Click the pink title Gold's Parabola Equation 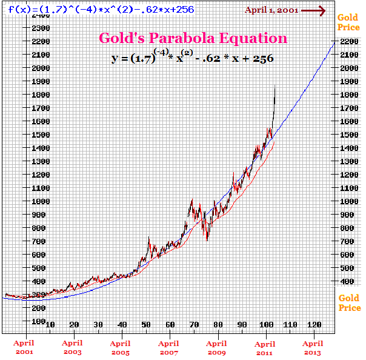pos(193,38)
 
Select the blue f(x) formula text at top pos(97,10)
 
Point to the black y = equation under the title pos(192,58)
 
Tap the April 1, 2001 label pos(271,10)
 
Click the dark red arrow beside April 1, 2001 pos(314,10)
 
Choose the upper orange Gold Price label pos(349,22)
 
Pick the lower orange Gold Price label pos(349,302)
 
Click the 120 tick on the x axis pos(314,324)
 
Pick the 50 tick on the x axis pos(146,324)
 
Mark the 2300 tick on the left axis pos(40,28)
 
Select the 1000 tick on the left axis pos(40,201)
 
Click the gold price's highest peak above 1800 pos(275,88)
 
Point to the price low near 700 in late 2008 pos(207,240)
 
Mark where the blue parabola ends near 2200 pos(334,42)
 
